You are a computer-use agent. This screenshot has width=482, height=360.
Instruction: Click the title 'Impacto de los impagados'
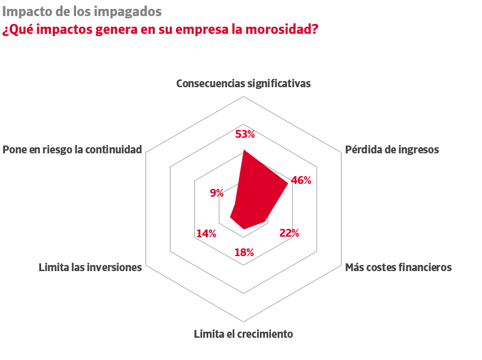click(x=82, y=12)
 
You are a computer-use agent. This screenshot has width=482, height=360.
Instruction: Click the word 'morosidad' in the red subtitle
click(x=283, y=29)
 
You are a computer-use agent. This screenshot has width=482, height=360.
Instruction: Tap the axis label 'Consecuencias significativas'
click(x=243, y=83)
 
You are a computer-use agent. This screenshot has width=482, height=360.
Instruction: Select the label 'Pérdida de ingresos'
click(x=392, y=149)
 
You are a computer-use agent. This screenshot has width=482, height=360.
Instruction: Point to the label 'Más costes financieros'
click(x=398, y=267)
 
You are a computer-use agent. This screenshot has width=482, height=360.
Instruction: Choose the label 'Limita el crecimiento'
click(x=243, y=334)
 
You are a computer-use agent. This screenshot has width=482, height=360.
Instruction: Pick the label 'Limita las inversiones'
click(x=90, y=267)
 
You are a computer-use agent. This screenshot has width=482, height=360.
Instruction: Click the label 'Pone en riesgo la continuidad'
click(x=72, y=149)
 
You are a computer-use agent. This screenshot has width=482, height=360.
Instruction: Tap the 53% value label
click(x=245, y=134)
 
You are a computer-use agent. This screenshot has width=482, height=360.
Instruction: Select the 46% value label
click(x=301, y=180)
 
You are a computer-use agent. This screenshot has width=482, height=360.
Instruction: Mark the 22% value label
click(x=289, y=233)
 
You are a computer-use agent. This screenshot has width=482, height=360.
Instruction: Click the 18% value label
click(x=244, y=252)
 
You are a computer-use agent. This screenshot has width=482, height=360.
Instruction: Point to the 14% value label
click(x=206, y=233)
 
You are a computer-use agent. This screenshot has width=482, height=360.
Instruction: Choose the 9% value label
click(x=217, y=193)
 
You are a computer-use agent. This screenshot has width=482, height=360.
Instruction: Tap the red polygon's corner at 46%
click(x=288, y=183)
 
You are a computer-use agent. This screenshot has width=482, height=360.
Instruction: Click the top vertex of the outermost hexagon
click(x=244, y=96)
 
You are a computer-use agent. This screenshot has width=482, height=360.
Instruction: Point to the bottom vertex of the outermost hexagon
click(x=244, y=322)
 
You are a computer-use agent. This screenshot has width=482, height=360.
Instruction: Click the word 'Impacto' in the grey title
click(x=24, y=12)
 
